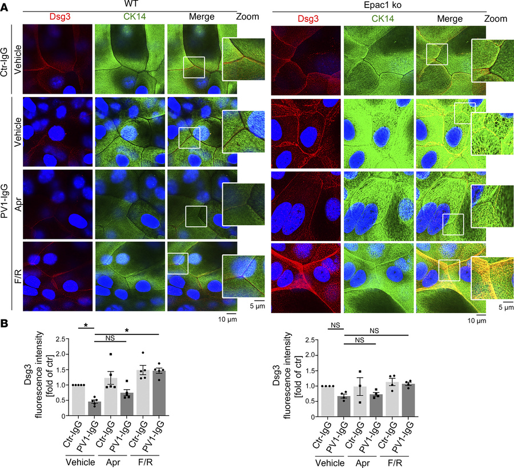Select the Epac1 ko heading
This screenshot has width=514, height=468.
click(378, 5)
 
